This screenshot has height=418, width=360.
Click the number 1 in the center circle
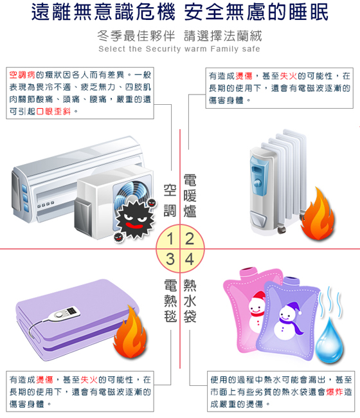170,239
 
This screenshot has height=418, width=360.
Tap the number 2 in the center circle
190,239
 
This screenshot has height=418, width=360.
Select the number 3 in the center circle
170,259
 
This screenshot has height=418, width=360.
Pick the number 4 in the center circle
189,259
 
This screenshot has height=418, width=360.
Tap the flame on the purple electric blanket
130,332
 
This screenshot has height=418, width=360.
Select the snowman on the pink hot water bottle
256,311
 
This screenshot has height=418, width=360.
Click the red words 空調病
22,75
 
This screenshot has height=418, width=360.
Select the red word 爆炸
334,392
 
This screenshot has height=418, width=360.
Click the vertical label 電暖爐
190,196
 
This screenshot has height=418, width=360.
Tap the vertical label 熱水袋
190,301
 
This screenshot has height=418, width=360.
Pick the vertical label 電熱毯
170,301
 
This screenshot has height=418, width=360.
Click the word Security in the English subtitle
163,49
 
